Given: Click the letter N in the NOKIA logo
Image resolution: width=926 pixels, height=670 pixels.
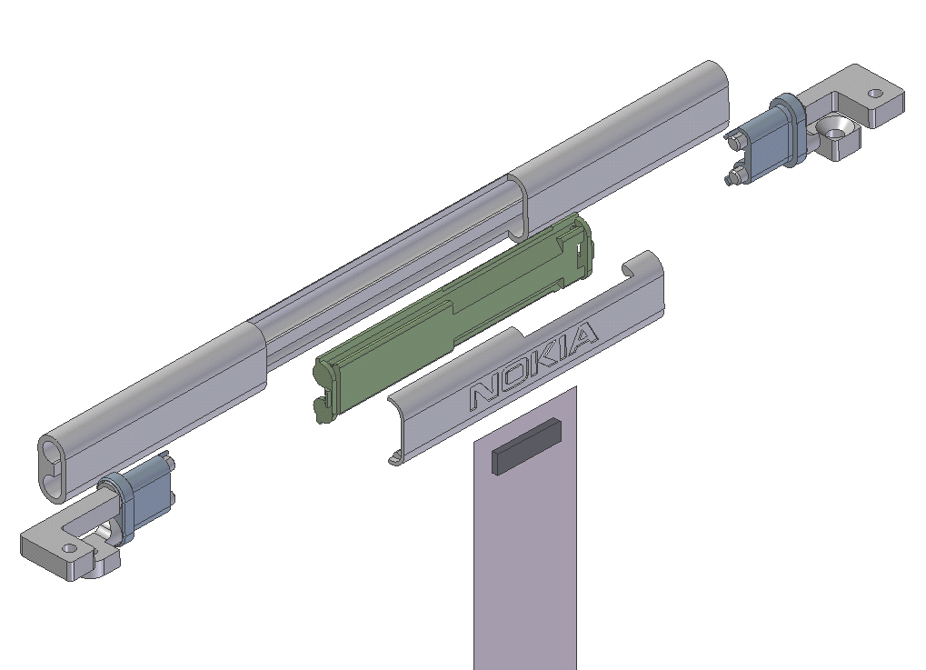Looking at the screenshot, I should tap(483, 394).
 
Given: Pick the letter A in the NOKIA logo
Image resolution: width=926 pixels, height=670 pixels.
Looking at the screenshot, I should tap(584, 338).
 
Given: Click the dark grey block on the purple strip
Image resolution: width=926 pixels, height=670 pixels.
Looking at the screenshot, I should tap(526, 446).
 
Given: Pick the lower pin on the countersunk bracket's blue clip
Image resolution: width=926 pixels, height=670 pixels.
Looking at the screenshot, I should tap(732, 179).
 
